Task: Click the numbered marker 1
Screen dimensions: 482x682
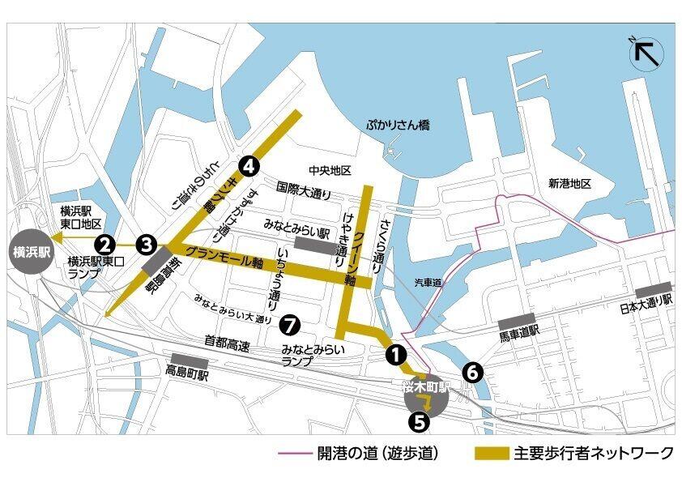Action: click(x=394, y=353)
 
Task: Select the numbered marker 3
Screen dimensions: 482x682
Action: click(x=146, y=242)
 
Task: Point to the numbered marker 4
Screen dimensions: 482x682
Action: click(x=249, y=166)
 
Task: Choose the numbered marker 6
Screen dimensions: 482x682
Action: click(x=473, y=372)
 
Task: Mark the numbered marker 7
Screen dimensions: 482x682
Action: click(x=289, y=325)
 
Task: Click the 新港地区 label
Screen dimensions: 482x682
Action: click(x=569, y=184)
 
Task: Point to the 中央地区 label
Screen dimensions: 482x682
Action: click(x=329, y=170)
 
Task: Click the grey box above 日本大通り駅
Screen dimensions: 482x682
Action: click(x=654, y=288)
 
